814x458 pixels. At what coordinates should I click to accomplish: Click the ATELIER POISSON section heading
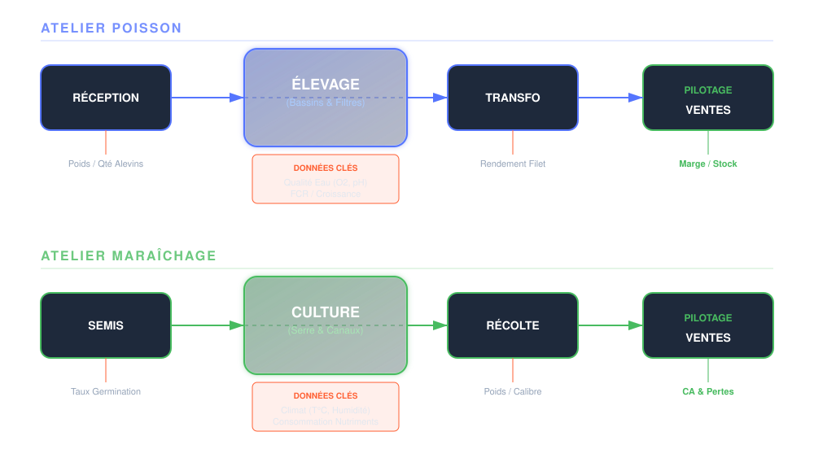112,28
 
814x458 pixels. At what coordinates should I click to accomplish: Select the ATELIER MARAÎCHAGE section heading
129,256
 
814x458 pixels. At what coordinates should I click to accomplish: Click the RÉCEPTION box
106,98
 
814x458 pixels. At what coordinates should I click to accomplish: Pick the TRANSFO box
513,98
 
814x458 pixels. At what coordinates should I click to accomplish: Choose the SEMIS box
106,325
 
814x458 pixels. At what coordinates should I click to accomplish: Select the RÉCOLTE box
513,325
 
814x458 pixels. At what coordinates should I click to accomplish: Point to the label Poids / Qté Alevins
106,164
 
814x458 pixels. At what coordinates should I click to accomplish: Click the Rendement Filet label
513,164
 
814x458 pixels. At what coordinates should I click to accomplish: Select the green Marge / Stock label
708,164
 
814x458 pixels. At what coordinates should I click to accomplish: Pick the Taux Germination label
106,392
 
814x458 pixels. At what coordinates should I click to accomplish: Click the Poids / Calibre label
513,392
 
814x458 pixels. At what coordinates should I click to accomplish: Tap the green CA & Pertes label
708,392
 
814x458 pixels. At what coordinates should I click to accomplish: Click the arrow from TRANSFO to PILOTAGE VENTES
610,98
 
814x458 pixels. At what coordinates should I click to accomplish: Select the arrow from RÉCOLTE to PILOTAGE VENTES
610,325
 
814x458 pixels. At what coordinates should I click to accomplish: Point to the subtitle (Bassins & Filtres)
326,103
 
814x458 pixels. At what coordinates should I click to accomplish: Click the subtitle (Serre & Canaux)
326,331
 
